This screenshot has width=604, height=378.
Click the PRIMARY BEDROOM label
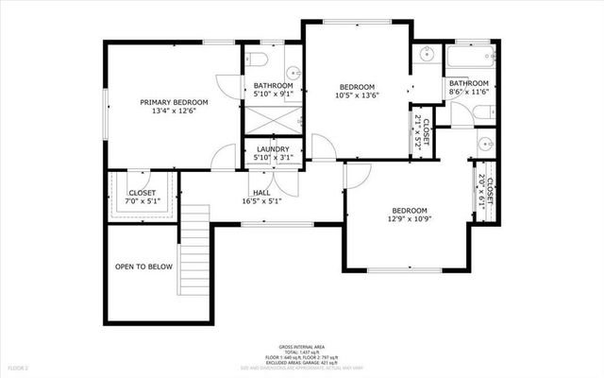(174, 102)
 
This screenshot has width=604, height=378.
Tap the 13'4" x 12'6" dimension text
(174, 112)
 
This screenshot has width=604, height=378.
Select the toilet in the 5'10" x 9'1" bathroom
(260, 60)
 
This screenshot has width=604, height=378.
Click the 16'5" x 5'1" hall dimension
(261, 201)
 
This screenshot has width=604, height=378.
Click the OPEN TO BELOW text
(143, 266)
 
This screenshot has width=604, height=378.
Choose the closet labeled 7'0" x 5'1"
(142, 197)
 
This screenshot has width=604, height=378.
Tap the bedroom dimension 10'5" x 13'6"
(358, 94)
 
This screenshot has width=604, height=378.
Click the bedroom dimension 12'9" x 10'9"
(410, 220)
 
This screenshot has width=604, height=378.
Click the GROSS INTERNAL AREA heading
(302, 347)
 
